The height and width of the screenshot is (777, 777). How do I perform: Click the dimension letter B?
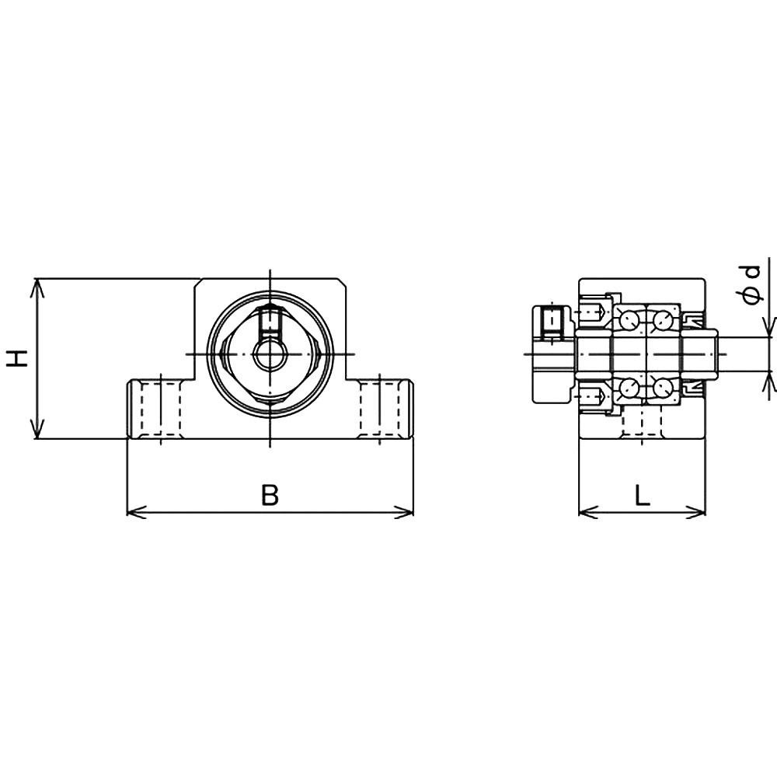[269, 495]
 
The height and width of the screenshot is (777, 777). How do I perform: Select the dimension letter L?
[642, 495]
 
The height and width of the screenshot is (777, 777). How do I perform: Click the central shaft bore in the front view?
[270, 354]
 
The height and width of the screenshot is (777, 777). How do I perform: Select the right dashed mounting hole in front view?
[378, 407]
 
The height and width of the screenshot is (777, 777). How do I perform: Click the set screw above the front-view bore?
[270, 320]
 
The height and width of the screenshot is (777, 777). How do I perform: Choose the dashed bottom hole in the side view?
[642, 423]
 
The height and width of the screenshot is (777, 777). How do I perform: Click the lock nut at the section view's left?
[552, 354]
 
